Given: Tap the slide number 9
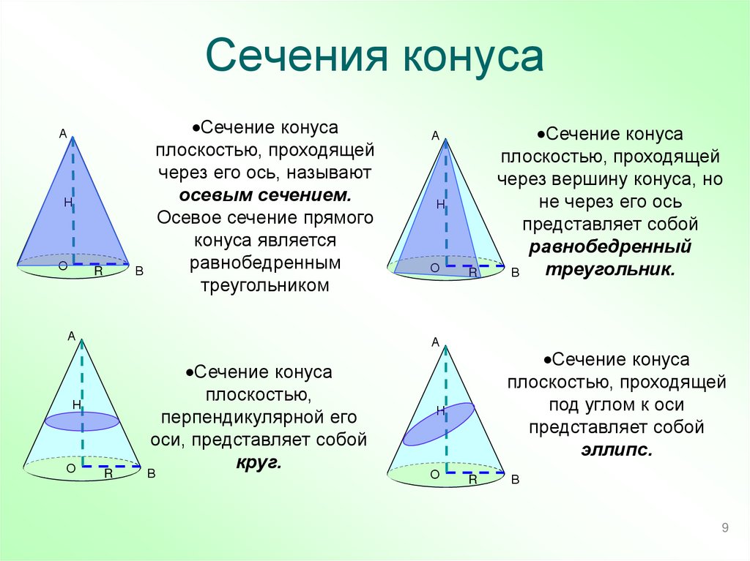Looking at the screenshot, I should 724,529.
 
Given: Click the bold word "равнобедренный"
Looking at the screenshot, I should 610,246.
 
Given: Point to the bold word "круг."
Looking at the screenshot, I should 259,463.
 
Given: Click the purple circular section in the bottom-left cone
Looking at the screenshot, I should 82,421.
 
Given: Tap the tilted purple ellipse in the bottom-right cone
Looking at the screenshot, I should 439,423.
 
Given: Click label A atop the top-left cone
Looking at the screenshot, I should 63,133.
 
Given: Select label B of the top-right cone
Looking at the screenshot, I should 514,272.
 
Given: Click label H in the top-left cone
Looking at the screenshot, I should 67,203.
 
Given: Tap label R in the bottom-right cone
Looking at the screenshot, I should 473,480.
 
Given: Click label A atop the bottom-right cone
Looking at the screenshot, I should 435,342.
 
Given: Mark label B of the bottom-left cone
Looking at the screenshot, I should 152,473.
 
